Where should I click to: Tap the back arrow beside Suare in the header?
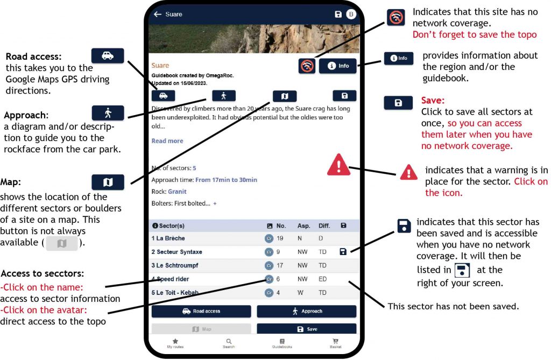[158, 14]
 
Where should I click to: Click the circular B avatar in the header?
[351, 14]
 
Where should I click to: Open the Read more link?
[167, 140]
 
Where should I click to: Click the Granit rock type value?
[177, 192]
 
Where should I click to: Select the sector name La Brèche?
[171, 238]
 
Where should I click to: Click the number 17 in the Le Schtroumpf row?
[280, 265]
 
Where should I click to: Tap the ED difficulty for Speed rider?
[323, 279]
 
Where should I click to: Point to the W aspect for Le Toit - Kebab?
[301, 293]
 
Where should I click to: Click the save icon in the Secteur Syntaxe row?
[343, 251]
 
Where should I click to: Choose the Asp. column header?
[304, 225]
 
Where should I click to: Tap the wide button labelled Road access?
[201, 311]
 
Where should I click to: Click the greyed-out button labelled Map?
[201, 329]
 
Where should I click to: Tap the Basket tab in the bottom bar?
[336, 343]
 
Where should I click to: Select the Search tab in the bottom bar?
[228, 343]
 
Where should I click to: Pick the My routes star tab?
[175, 343]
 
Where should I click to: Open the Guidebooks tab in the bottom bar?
[282, 343]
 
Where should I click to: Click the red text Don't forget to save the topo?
[475, 34]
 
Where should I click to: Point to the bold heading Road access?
[34, 57]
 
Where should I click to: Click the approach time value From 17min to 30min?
[227, 180]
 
